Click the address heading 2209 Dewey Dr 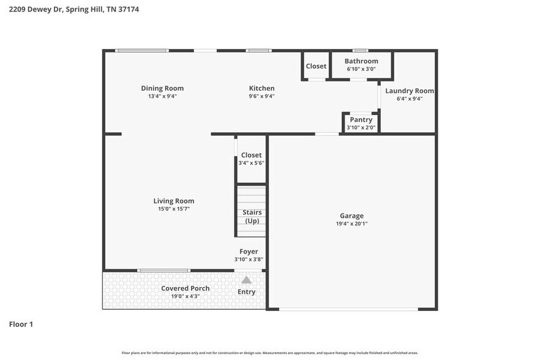[73, 10]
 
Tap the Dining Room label [162, 88]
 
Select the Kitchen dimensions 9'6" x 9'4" [261, 96]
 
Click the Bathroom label [361, 61]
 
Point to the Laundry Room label [410, 91]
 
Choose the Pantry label [361, 119]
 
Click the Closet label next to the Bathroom [316, 66]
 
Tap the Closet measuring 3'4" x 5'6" [251, 163]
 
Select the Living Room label [174, 201]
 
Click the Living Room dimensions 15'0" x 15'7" [174, 209]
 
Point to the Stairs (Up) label [252, 216]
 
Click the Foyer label [249, 252]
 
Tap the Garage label [351, 216]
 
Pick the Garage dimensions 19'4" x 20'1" [351, 224]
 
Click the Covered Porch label [185, 288]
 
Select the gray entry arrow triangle [246, 280]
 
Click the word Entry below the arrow [246, 292]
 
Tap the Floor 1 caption [21, 324]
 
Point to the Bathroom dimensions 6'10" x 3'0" [361, 69]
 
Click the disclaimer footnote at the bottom [270, 353]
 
